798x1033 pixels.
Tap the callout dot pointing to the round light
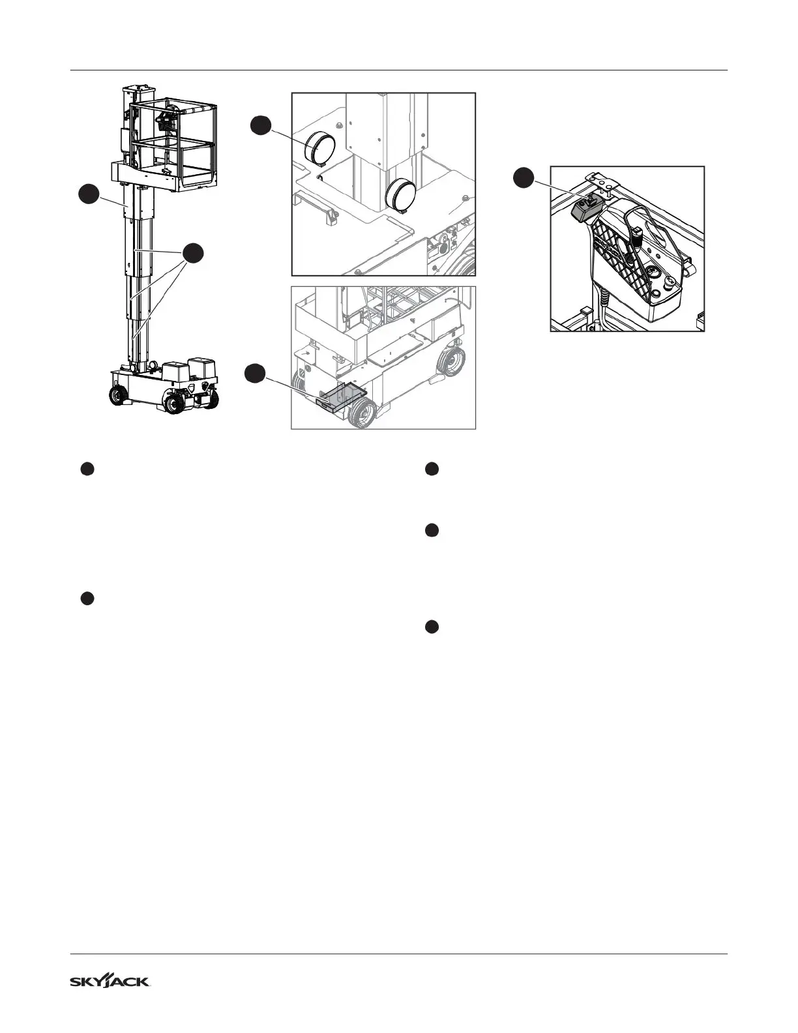click(x=262, y=125)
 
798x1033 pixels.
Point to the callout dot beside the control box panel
click(x=523, y=177)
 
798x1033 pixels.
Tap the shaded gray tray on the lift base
click(x=343, y=397)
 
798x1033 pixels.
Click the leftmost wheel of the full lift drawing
click(x=118, y=395)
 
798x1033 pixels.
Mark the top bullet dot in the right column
click(x=430, y=469)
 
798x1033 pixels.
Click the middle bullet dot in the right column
click(x=430, y=531)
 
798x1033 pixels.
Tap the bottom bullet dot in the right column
click(x=430, y=627)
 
